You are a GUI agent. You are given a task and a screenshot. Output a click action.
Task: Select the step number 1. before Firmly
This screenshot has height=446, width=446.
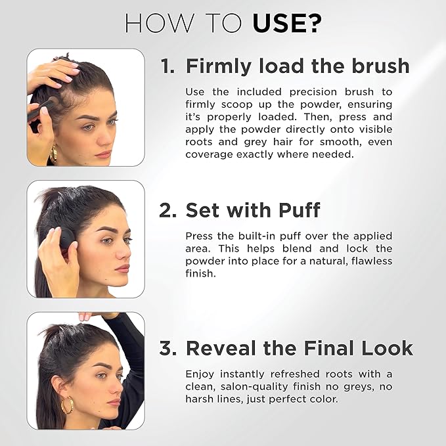pyautogui.click(x=169, y=66)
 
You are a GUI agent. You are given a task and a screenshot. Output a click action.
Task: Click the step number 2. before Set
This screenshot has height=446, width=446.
pyautogui.click(x=169, y=210)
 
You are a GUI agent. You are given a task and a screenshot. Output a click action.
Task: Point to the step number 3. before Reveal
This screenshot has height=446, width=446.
pyautogui.click(x=169, y=347)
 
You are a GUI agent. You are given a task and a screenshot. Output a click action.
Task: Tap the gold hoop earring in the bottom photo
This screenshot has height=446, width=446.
pyautogui.click(x=67, y=405)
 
